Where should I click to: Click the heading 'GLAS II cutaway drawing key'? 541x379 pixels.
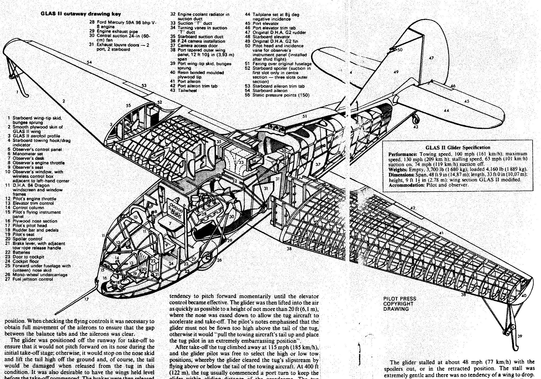(x=81, y=14)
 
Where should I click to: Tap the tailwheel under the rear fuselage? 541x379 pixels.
(x=415, y=118)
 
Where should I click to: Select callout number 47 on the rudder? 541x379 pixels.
(x=431, y=58)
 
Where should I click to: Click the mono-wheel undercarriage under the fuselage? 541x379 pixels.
(x=208, y=259)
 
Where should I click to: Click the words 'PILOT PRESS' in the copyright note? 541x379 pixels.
(x=400, y=299)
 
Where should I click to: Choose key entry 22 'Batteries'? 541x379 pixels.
(x=21, y=252)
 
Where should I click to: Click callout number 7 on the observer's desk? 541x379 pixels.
(x=170, y=224)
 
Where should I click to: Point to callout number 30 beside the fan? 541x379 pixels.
(x=232, y=216)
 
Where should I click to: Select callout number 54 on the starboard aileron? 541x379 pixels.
(x=89, y=62)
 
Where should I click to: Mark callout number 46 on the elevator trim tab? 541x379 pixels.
(x=453, y=86)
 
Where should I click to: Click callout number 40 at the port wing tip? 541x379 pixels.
(x=524, y=296)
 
